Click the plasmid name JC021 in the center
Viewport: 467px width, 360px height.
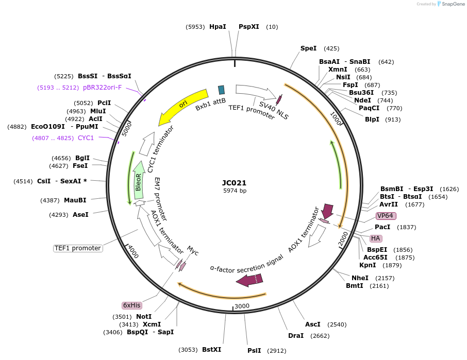(x=234, y=183)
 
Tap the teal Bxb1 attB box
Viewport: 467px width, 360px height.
(x=222, y=90)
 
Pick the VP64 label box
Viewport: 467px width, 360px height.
(x=386, y=215)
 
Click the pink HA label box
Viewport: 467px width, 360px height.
(x=376, y=238)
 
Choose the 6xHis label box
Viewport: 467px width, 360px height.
(x=131, y=305)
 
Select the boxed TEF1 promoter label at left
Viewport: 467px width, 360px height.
(x=78, y=248)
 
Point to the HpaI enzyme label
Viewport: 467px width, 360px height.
(x=218, y=27)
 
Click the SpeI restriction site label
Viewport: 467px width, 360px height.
(x=308, y=48)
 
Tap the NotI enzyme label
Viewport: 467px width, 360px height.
(x=144, y=316)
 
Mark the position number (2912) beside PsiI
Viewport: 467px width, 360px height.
(x=276, y=350)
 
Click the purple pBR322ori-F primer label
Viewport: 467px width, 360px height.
(x=102, y=88)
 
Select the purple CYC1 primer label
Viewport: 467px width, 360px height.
(x=86, y=138)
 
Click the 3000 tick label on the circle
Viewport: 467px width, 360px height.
(x=242, y=306)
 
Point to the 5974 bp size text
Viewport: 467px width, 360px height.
(x=235, y=191)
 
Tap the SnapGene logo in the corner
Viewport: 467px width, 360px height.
(x=449, y=4)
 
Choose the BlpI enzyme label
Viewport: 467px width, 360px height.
(x=372, y=119)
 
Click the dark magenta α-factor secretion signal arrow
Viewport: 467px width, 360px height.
(x=249, y=280)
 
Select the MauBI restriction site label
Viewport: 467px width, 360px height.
(x=75, y=200)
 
